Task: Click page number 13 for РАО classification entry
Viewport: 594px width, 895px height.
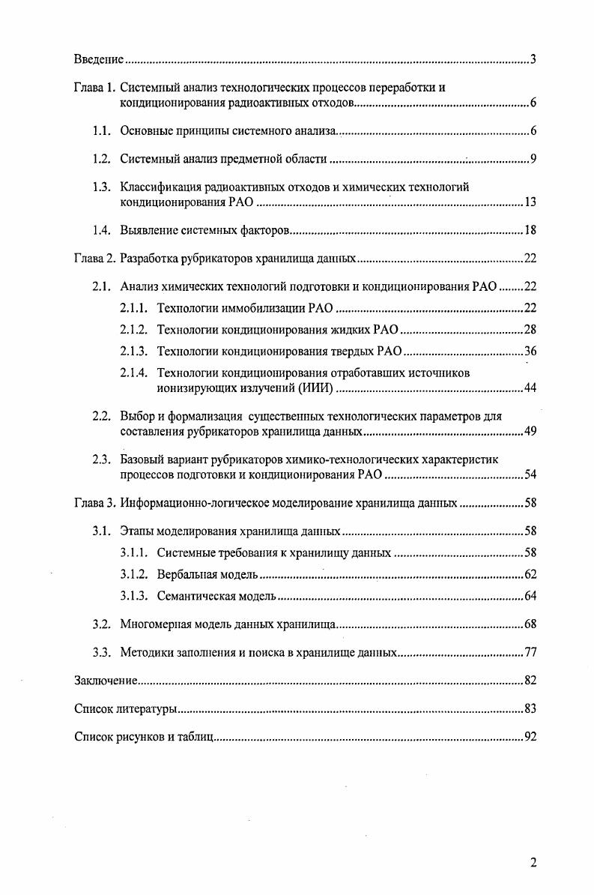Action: [x=529, y=202]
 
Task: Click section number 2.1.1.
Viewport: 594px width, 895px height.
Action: [x=136, y=308]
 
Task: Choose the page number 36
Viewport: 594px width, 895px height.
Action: [x=529, y=351]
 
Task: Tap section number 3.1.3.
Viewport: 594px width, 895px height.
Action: [x=136, y=596]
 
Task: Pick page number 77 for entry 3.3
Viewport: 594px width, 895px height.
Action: [x=529, y=652]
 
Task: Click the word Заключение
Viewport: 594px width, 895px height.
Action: [x=104, y=681]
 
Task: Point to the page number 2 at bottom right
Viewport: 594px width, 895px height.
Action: [x=533, y=863]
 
